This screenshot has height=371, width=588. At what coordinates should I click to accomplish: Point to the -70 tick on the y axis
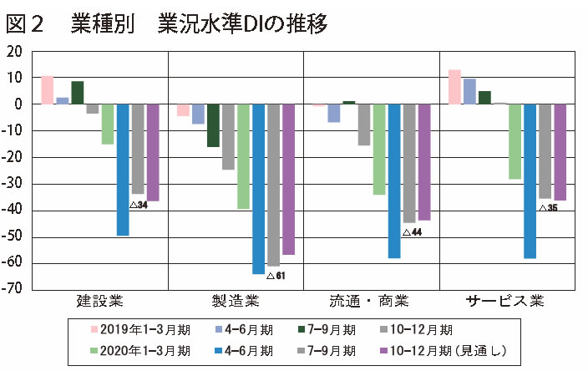[x=16, y=290]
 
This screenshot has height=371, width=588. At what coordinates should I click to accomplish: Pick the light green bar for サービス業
[x=515, y=141]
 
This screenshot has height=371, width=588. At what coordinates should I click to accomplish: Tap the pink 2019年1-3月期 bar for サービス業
[x=454, y=87]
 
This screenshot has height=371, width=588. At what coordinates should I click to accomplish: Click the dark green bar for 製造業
[x=213, y=125]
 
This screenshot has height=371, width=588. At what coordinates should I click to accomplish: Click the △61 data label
[x=276, y=275]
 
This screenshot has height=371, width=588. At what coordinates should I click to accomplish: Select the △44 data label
[x=411, y=231]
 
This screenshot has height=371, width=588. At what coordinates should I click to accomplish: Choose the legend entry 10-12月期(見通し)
[x=451, y=349]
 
